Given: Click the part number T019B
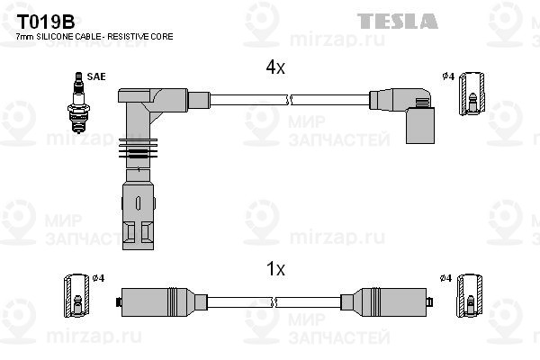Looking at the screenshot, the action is tap(46, 22).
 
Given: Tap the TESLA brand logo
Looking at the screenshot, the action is tap(398, 22).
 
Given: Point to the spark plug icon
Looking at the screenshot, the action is tap(79, 103).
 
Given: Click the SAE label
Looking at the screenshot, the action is tap(96, 76).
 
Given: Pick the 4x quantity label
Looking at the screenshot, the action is tap(275, 67).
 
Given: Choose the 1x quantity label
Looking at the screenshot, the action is tap(276, 269).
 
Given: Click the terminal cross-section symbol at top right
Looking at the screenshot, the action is tap(472, 94).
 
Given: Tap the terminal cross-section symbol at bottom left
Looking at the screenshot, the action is tap(76, 295).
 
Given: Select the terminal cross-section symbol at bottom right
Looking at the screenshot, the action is tap(470, 295).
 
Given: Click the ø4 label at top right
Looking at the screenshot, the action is tap(449, 76).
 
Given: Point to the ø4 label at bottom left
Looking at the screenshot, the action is tap(98, 278).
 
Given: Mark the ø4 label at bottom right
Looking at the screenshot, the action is tap(446, 278).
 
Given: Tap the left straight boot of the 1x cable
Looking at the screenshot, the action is tap(161, 302).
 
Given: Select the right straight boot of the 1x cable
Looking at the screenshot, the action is tap(386, 302).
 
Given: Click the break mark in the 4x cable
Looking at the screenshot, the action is tap(289, 100).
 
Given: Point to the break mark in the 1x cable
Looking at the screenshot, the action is tap(274, 302).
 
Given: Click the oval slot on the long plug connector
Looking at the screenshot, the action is tap(138, 203).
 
